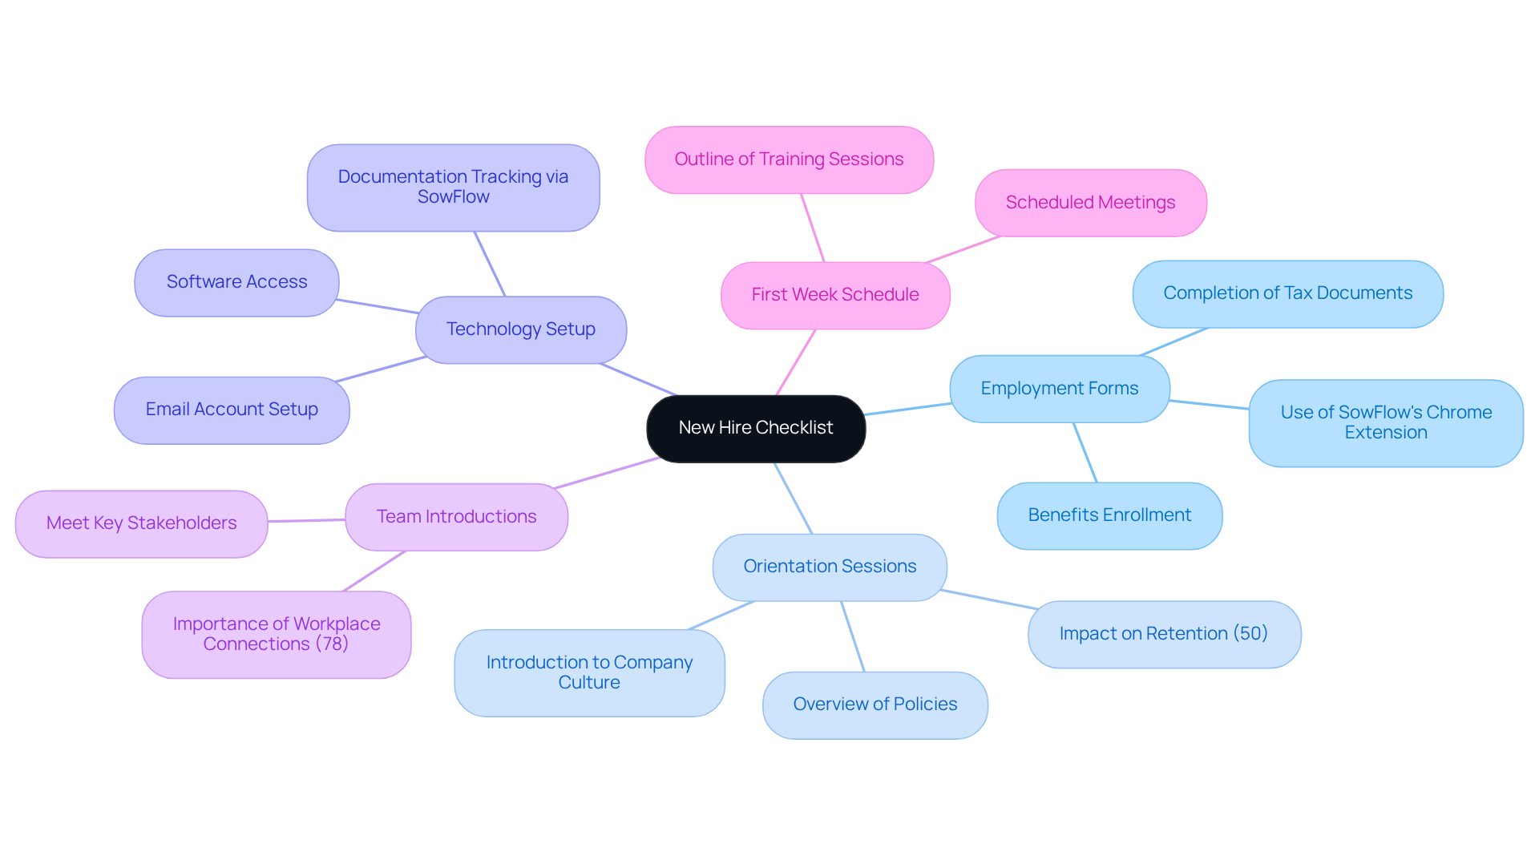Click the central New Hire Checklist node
755,428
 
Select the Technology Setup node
520,329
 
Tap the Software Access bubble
236,282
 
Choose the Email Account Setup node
232,410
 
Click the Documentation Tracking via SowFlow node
453,187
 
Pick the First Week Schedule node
834,295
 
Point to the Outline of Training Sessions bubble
789,159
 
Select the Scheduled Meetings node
1090,203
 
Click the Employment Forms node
1059,389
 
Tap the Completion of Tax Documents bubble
1287,293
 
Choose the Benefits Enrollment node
1109,515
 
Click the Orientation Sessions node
830,567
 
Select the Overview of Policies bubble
875,704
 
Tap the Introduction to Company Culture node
589,672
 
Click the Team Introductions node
456,517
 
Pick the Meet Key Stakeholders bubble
141,523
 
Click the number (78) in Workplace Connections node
332,644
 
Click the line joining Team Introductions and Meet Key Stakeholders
307,521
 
